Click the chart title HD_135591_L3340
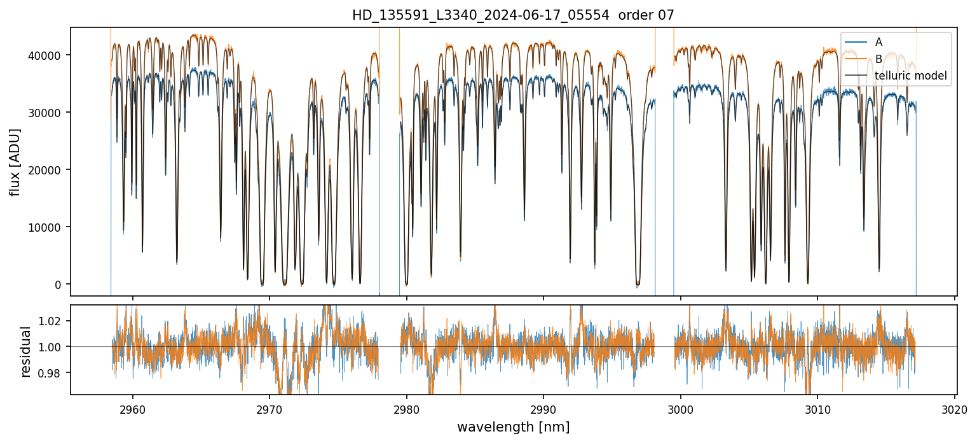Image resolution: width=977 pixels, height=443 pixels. click(x=513, y=15)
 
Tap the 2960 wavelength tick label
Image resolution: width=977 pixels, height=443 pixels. click(x=132, y=411)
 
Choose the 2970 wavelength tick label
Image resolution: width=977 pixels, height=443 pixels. click(x=269, y=411)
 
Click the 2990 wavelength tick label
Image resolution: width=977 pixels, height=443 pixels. click(x=543, y=411)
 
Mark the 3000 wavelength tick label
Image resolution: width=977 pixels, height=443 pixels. click(x=681, y=411)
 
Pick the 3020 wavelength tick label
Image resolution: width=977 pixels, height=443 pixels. click(x=955, y=411)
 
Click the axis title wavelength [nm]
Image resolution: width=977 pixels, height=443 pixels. click(x=513, y=427)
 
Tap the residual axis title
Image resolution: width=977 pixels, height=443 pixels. click(x=26, y=351)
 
